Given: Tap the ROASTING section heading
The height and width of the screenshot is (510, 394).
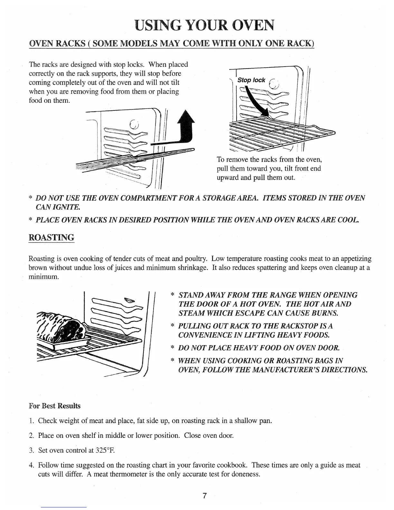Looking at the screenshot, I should coord(52,238).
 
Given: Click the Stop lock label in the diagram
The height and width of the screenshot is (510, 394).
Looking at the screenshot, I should coord(251,80).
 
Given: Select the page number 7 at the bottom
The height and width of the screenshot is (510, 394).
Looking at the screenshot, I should coord(204,496).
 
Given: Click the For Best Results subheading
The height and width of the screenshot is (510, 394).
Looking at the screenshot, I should coord(55,406).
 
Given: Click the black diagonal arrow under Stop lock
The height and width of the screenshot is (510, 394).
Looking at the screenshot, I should coord(257,103).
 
